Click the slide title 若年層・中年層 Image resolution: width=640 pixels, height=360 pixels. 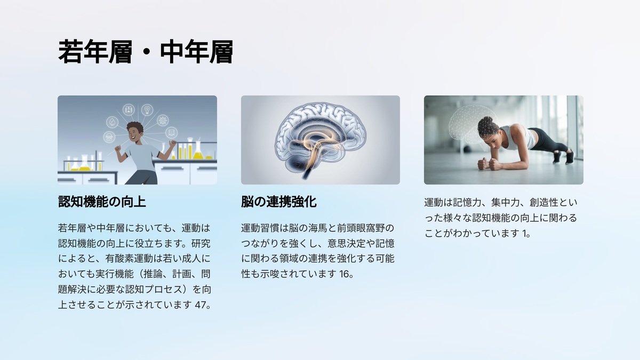pyautogui.click(x=146, y=52)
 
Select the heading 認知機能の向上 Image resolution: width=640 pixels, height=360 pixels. pyautogui.click(x=102, y=202)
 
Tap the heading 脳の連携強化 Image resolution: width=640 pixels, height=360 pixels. pyautogui.click(x=279, y=202)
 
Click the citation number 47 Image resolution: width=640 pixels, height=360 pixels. pyautogui.click(x=201, y=305)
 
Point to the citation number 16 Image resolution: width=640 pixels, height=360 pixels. pyautogui.click(x=345, y=274)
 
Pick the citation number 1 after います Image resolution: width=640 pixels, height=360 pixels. pyautogui.click(x=525, y=234)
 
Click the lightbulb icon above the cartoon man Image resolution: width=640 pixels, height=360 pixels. pyautogui.click(x=147, y=110)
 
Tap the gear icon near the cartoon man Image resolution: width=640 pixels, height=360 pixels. pyautogui.click(x=163, y=121)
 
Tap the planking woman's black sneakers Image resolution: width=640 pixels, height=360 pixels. pyautogui.click(x=563, y=157)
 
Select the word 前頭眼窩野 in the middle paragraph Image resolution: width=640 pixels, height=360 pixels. pyautogui.click(x=361, y=228)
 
